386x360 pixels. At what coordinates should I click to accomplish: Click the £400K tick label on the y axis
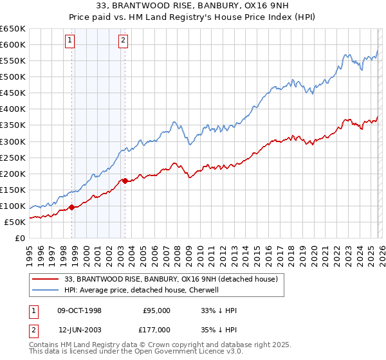point(13,109)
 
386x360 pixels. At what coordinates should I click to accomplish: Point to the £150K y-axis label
point(13,190)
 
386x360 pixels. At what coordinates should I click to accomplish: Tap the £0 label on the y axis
point(20,238)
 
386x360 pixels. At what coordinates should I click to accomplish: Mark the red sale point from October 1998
point(72,207)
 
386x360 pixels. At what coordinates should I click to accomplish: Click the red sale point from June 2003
point(125,181)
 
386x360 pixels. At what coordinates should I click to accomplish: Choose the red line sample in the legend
point(46,279)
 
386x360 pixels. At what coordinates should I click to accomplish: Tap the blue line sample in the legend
point(46,290)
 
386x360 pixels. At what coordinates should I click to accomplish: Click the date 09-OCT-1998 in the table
point(79,310)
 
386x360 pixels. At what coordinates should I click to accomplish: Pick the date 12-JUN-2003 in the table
point(79,329)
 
